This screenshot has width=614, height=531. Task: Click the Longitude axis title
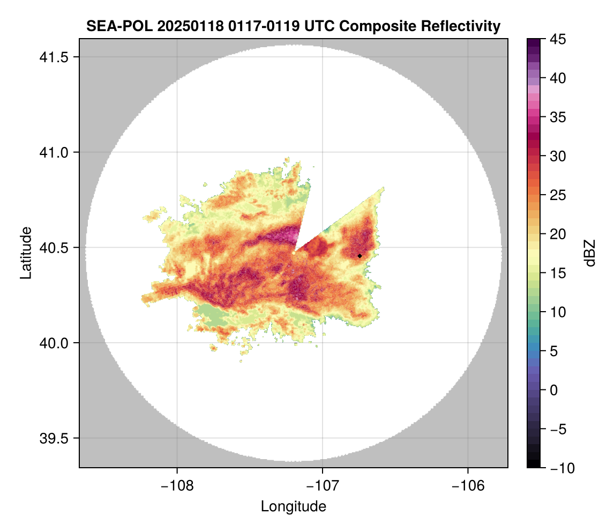tap(293, 506)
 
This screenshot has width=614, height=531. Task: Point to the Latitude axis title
tap(26, 253)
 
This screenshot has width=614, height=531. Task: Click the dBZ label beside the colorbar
tap(590, 253)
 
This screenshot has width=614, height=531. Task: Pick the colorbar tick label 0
tap(556, 390)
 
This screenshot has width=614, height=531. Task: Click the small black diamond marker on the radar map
tap(360, 256)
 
